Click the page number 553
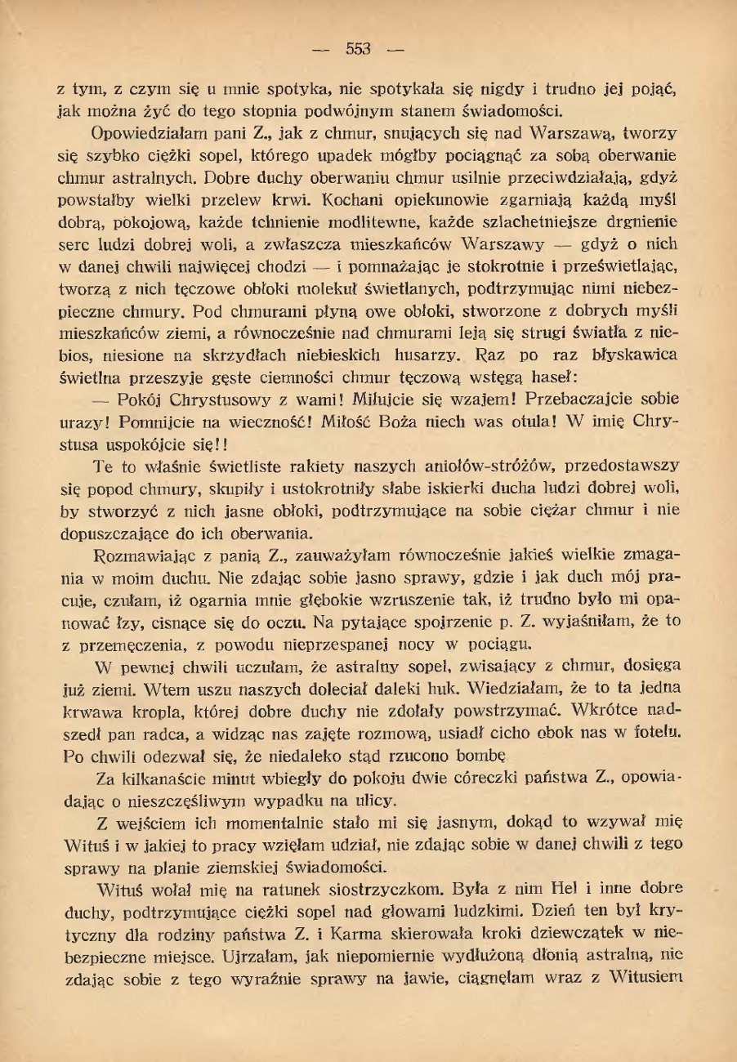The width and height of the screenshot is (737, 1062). tap(358, 49)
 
